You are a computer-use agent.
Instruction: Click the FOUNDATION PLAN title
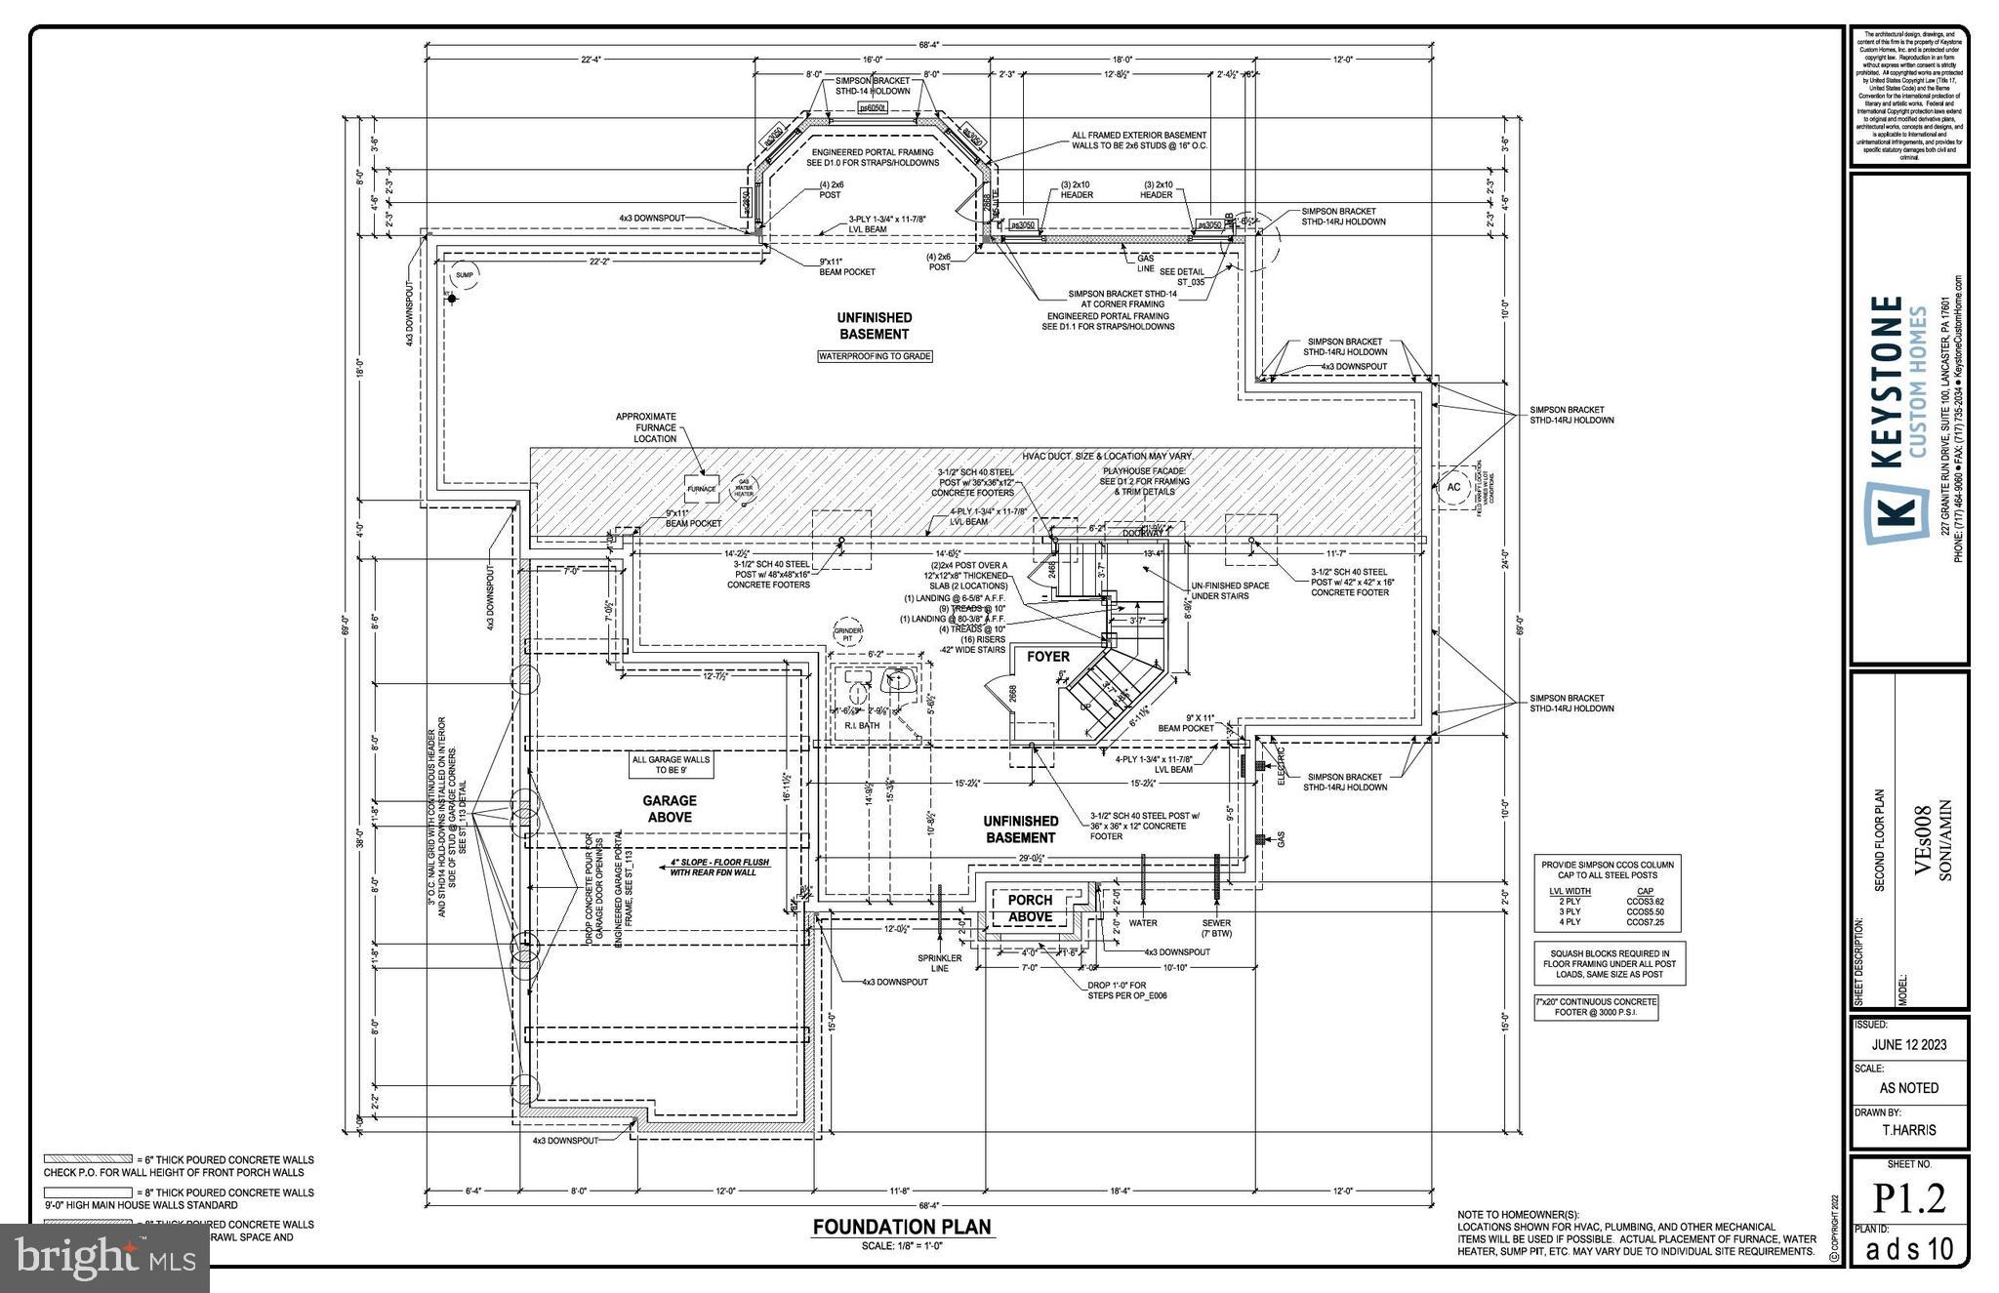pyautogui.click(x=902, y=1227)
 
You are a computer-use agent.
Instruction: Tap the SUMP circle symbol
pyautogui.click(x=464, y=275)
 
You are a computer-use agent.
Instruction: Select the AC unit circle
pyautogui.click(x=1453, y=487)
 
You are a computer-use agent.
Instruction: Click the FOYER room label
pyautogui.click(x=1047, y=657)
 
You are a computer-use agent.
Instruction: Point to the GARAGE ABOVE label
pyautogui.click(x=669, y=808)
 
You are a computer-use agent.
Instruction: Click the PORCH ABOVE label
pyautogui.click(x=1030, y=908)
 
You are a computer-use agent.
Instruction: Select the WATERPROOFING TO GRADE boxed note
pyautogui.click(x=875, y=357)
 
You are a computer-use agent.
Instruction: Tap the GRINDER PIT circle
pyautogui.click(x=848, y=633)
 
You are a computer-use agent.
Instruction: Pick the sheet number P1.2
pyautogui.click(x=1908, y=1199)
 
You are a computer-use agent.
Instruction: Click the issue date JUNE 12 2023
pyautogui.click(x=1908, y=1044)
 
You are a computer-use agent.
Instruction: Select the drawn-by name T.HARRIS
pyautogui.click(x=1909, y=1130)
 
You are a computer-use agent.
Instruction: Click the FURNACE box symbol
pyautogui.click(x=701, y=489)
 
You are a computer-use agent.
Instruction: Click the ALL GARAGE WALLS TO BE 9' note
pyautogui.click(x=671, y=764)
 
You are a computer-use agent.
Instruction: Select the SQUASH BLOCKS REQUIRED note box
pyautogui.click(x=1610, y=963)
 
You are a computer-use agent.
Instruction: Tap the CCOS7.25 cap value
pyautogui.click(x=1645, y=922)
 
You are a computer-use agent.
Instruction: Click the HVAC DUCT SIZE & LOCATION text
pyautogui.click(x=1107, y=457)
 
